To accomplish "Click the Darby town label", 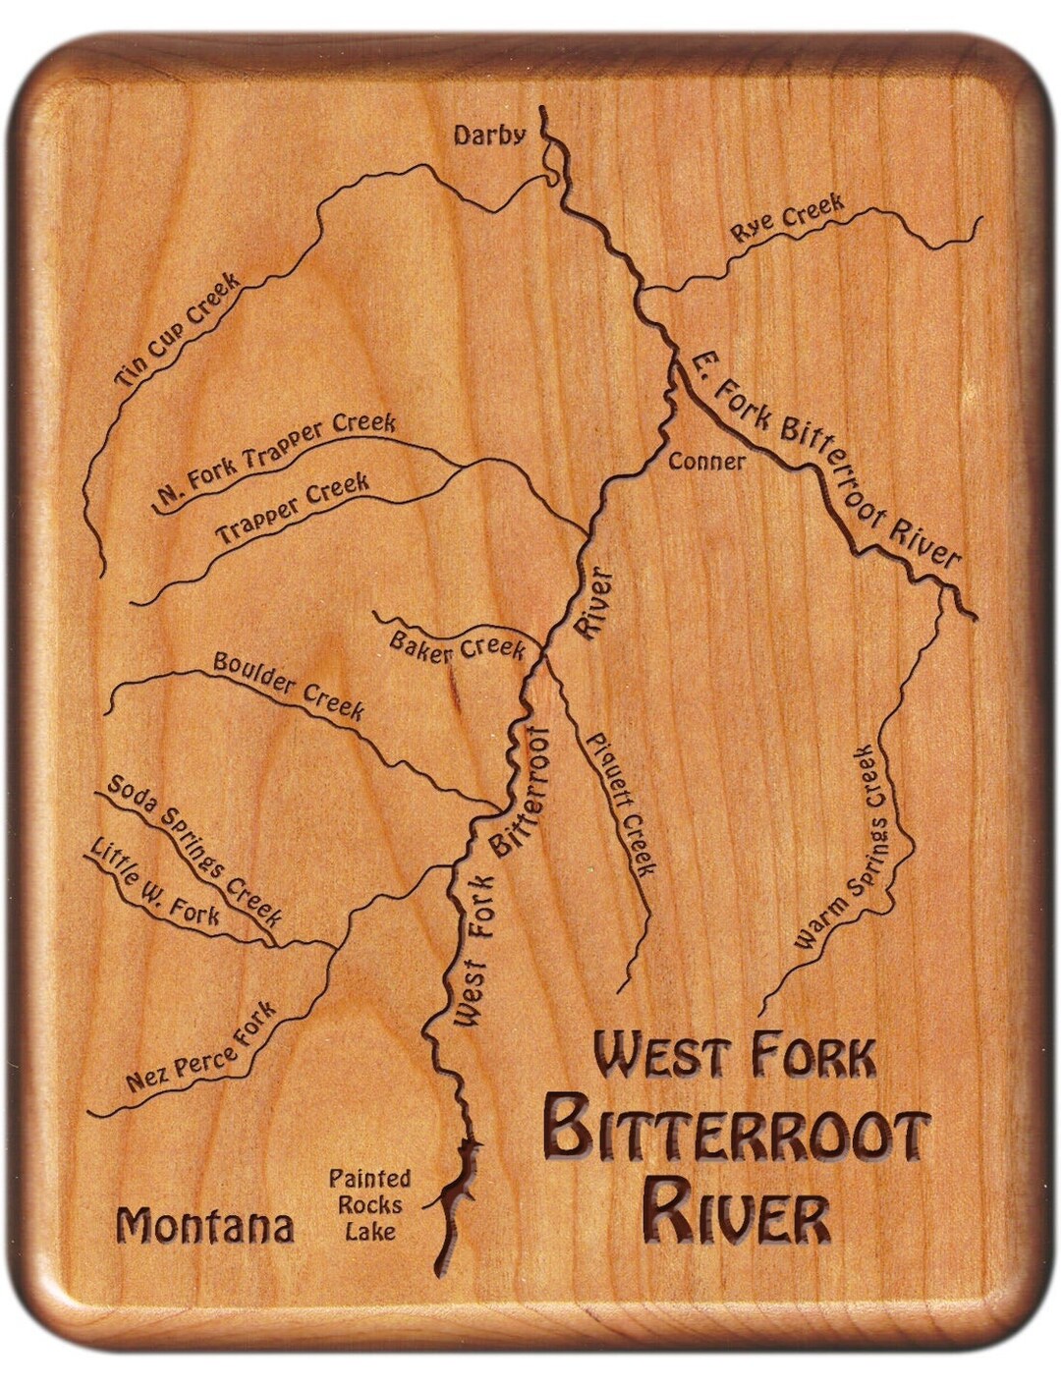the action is click(x=489, y=136).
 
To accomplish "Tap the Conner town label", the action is click(x=705, y=461).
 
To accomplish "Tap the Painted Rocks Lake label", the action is click(x=369, y=1204).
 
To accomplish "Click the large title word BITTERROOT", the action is click(x=736, y=1133).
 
